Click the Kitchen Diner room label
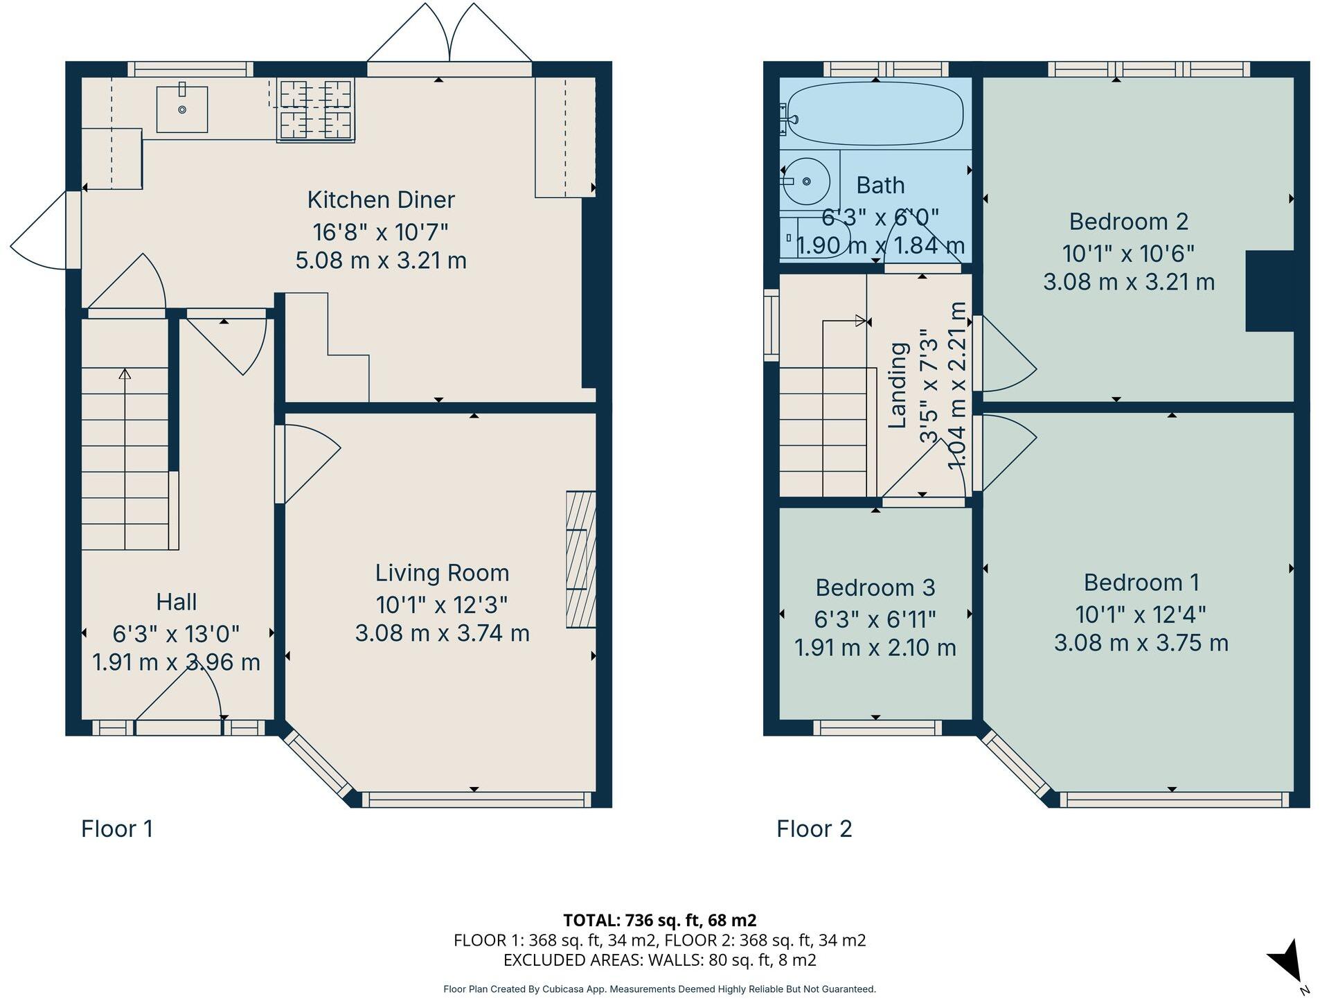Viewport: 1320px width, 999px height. click(x=380, y=200)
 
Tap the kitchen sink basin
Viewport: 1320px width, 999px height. click(x=181, y=108)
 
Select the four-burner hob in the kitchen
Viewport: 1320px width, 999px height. click(x=315, y=109)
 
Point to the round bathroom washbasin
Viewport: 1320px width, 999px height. click(x=805, y=181)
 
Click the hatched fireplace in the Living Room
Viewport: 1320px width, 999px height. click(x=580, y=559)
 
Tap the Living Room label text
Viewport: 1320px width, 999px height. click(x=442, y=573)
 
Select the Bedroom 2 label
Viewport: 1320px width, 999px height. click(x=1128, y=222)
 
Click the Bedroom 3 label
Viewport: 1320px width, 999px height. click(x=875, y=587)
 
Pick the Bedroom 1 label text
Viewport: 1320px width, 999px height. click(x=1141, y=583)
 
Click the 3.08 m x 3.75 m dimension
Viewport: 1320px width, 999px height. click(x=1141, y=643)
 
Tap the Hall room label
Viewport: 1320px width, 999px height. click(x=176, y=602)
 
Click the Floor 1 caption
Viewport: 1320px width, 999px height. click(x=116, y=829)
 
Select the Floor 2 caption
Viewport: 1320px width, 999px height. click(x=814, y=829)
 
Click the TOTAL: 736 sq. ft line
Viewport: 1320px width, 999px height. click(x=659, y=920)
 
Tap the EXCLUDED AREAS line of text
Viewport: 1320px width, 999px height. click(x=659, y=960)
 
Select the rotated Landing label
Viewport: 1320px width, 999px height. click(x=897, y=385)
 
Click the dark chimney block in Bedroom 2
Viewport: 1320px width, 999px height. click(x=1269, y=291)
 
